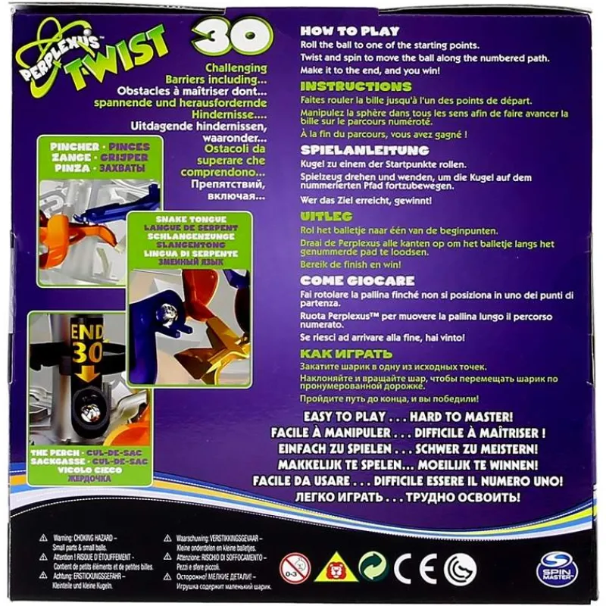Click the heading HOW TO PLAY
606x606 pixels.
[346, 32]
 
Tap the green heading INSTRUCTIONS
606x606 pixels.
[356, 86]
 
